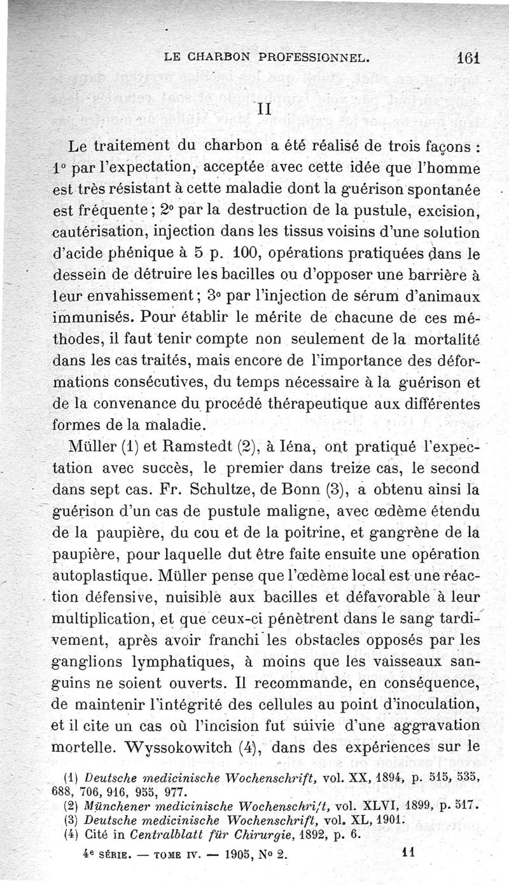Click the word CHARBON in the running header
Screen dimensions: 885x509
pyautogui.click(x=222, y=56)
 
